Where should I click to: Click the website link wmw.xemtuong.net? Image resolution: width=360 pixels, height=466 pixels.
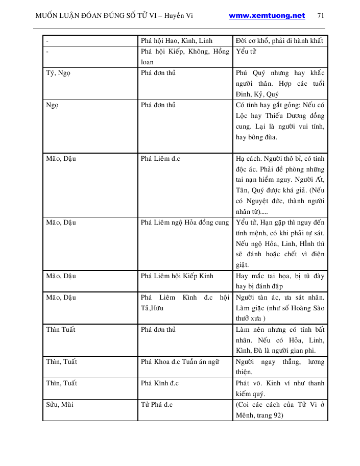tap(267, 16)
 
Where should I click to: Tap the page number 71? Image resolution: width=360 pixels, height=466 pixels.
tap(321, 16)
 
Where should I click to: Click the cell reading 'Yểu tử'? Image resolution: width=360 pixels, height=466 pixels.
tap(245, 52)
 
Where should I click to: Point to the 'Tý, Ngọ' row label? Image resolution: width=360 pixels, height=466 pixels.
tap(57, 73)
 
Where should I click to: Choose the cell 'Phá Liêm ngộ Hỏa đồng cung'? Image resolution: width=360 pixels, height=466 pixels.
tap(185, 223)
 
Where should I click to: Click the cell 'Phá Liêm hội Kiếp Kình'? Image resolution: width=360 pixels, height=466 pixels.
tap(177, 276)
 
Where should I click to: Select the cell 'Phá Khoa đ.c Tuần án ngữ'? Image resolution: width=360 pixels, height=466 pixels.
tap(180, 362)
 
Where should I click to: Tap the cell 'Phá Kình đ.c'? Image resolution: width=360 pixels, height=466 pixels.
tap(160, 383)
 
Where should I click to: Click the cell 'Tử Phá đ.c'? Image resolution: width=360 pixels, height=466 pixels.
tap(157, 405)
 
